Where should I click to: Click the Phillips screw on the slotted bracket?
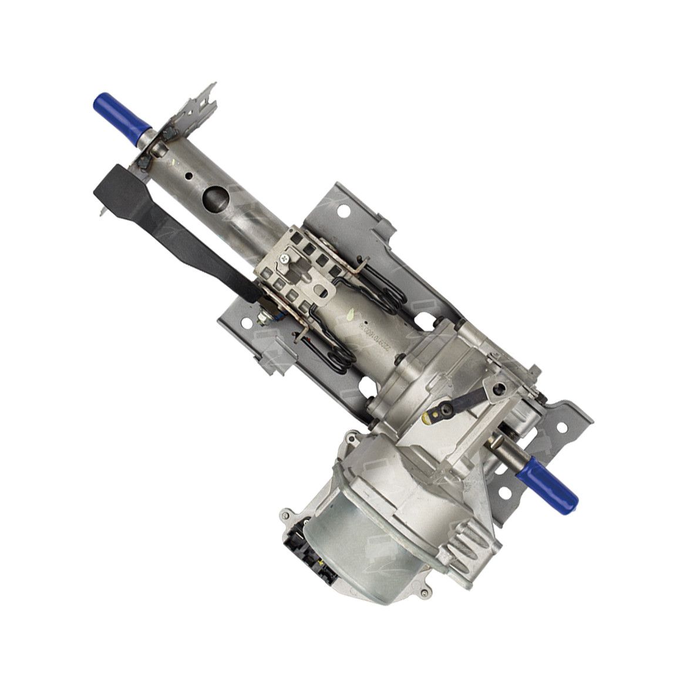click(x=285, y=258)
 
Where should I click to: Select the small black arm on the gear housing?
click(x=470, y=401)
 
